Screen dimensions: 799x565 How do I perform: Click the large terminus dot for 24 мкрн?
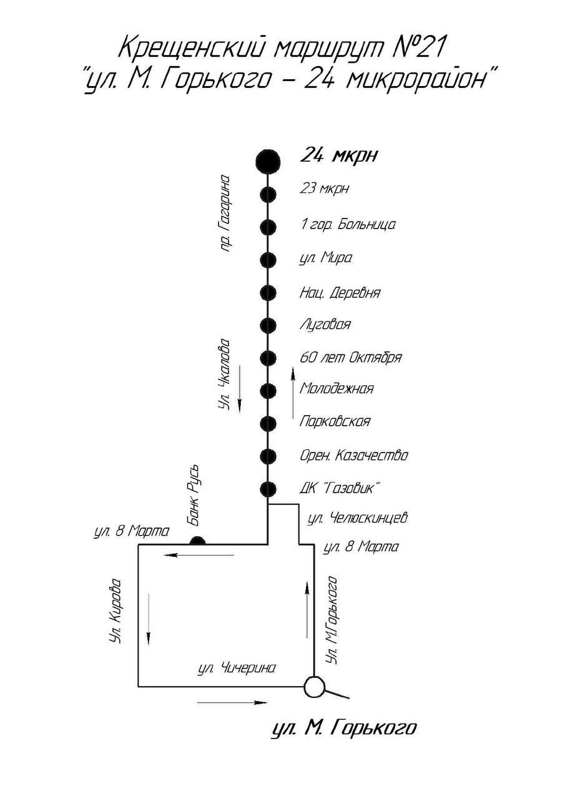point(268,160)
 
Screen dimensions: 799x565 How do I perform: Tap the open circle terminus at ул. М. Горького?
point(314,687)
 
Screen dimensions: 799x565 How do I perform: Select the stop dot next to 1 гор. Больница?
point(268,227)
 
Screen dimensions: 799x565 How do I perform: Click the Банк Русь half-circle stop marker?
point(197,541)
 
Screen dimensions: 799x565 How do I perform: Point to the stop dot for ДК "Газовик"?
point(268,489)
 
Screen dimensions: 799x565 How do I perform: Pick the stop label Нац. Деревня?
point(340,292)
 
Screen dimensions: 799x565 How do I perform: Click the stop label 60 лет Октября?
point(350,358)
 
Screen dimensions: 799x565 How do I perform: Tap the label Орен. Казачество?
point(353,455)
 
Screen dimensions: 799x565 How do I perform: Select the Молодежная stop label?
point(337,388)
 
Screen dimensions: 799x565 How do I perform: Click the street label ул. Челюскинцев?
point(358,517)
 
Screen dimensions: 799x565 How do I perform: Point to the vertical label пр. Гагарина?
point(225,212)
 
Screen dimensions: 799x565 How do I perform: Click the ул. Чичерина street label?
point(237,668)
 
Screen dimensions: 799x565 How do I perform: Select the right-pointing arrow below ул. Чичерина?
point(232,703)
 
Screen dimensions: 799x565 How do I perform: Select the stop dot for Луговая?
point(268,325)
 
